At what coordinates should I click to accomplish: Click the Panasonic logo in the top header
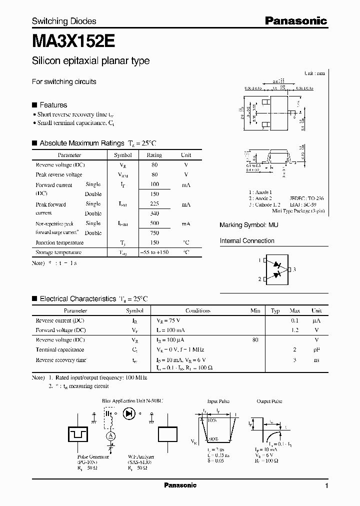point(295,21)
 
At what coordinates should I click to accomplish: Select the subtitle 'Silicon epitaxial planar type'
point(90,61)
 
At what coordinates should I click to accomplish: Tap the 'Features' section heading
point(53,105)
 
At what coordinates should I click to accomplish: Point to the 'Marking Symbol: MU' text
point(249,225)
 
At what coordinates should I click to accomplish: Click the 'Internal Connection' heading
point(247,241)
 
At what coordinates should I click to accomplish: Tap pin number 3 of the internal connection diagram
point(295,269)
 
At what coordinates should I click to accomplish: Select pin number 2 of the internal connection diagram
point(259,279)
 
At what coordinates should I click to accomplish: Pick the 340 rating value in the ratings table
point(154,213)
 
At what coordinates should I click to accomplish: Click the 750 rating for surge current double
point(154,233)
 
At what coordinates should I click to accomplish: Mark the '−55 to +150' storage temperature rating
point(154,252)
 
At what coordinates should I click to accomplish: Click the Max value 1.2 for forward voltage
point(295,330)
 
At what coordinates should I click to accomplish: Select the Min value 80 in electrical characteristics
point(255,340)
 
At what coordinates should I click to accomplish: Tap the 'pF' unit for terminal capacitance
point(316,350)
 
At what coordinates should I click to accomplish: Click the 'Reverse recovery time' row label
point(61,360)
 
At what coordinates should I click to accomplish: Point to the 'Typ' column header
point(275,310)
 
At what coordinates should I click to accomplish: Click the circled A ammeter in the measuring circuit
point(111,436)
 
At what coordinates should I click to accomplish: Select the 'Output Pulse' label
point(269,401)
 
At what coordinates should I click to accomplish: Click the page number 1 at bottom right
point(326,486)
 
